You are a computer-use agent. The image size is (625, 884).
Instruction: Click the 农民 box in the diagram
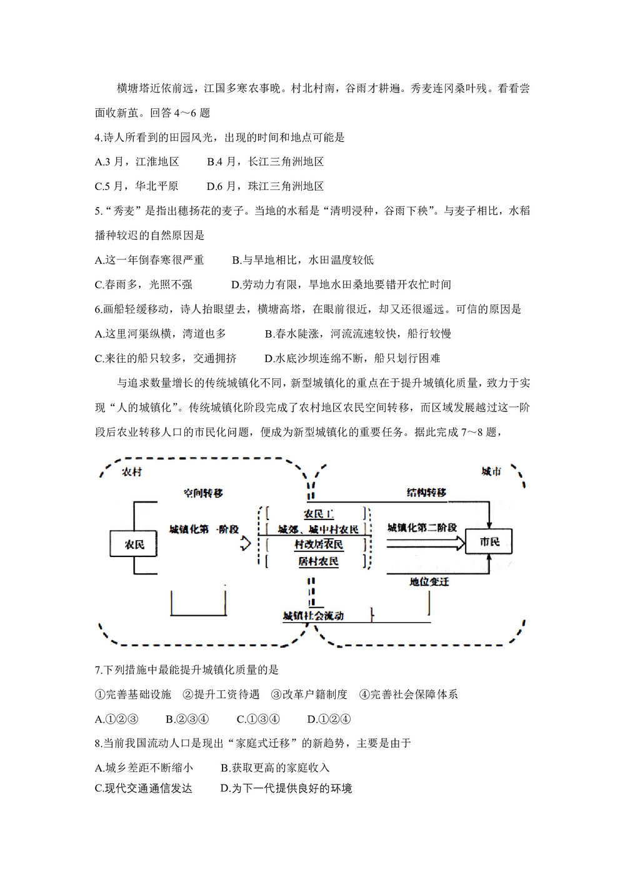(134, 544)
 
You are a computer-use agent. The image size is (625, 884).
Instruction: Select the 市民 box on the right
(489, 541)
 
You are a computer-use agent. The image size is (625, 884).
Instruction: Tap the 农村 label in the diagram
(132, 472)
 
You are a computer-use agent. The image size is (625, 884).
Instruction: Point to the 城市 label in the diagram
(491, 471)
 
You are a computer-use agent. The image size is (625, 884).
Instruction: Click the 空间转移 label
(203, 493)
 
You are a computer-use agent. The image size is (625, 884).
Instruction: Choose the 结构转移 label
(426, 493)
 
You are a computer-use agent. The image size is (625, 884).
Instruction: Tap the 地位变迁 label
(429, 581)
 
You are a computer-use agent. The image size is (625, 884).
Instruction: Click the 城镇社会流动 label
(313, 616)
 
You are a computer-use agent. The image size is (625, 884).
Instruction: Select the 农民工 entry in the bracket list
(318, 514)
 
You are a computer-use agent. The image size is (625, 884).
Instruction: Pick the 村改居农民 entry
(318, 545)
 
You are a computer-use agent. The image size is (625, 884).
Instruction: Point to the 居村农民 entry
(318, 561)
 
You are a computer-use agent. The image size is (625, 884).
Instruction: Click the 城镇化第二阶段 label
(422, 528)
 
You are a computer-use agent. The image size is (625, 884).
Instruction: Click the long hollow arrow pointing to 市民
(425, 543)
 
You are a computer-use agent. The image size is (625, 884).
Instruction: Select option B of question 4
(266, 162)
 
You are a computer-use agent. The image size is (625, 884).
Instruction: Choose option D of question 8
(286, 788)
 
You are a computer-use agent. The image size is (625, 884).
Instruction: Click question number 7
(98, 670)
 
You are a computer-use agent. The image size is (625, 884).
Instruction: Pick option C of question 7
(258, 719)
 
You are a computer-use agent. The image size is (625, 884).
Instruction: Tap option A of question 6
(161, 334)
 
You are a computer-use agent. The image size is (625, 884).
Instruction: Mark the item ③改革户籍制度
(309, 695)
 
